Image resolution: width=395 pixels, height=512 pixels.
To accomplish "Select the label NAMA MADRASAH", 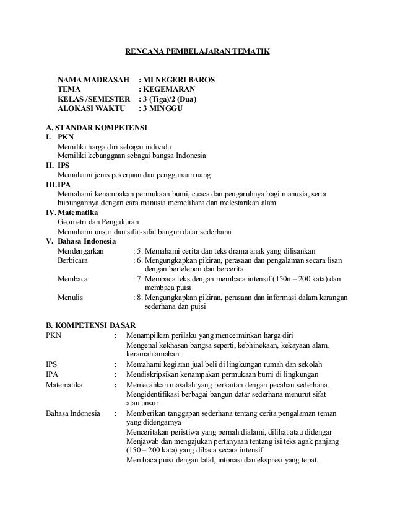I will click(94, 80).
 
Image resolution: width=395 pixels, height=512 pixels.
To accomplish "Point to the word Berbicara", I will click(72, 261).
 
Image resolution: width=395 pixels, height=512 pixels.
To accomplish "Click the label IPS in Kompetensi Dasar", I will click(52, 364).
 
